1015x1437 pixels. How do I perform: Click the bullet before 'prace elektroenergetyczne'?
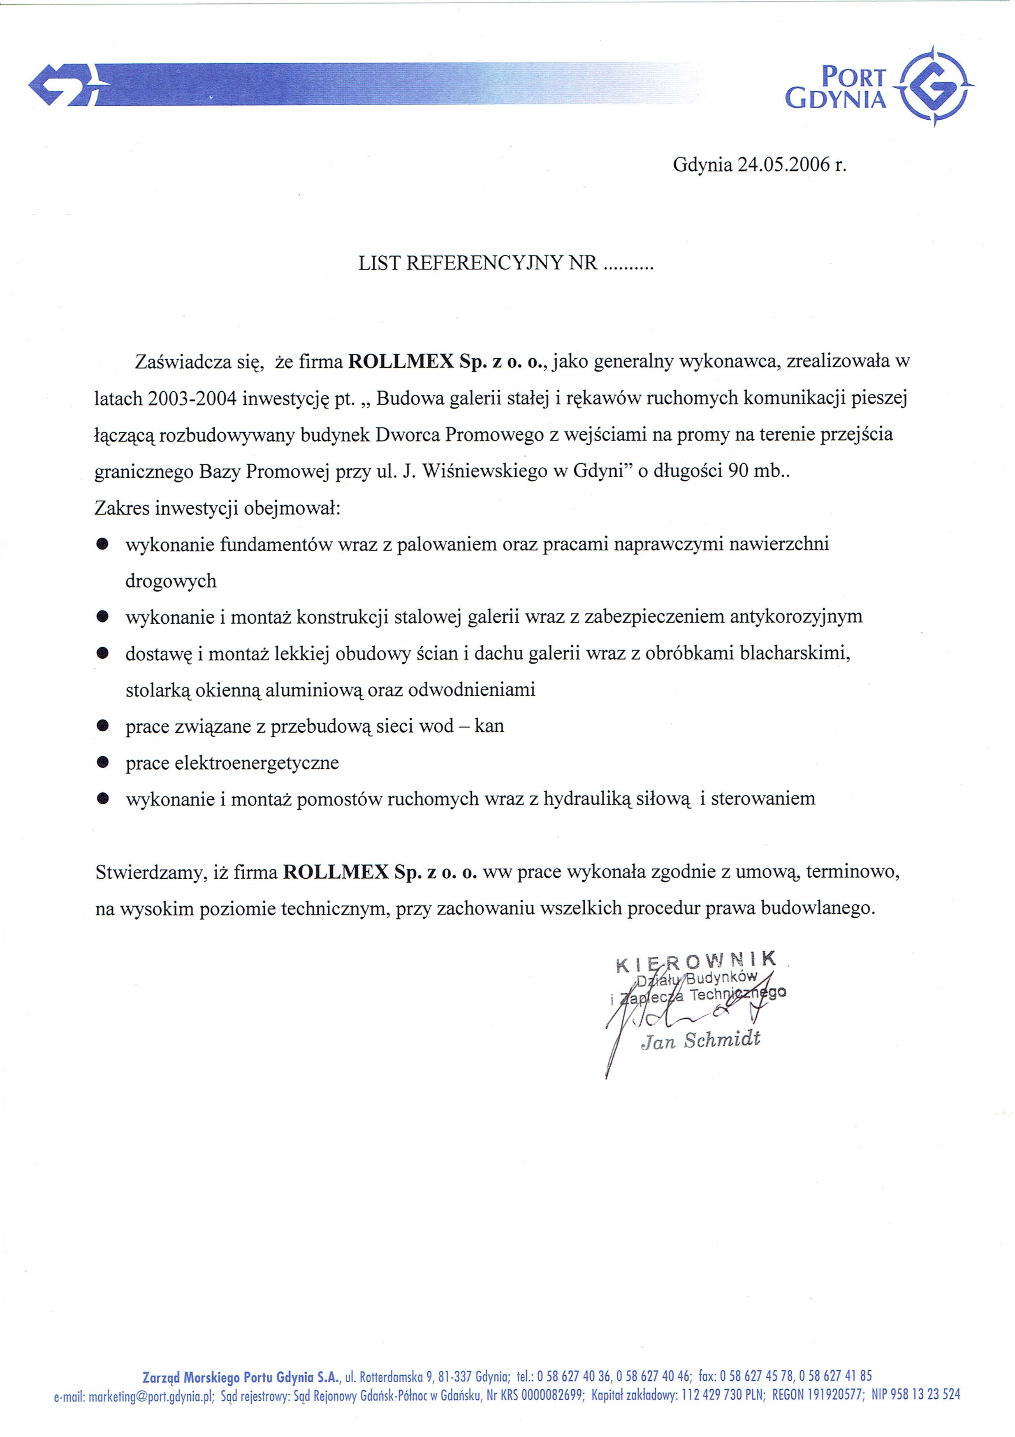(x=103, y=762)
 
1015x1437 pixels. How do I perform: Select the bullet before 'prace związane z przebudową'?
(x=103, y=726)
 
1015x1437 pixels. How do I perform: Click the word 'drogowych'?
(x=171, y=581)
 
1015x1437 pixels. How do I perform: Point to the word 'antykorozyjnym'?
(x=796, y=617)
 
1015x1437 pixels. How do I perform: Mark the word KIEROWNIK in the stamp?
(x=696, y=961)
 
